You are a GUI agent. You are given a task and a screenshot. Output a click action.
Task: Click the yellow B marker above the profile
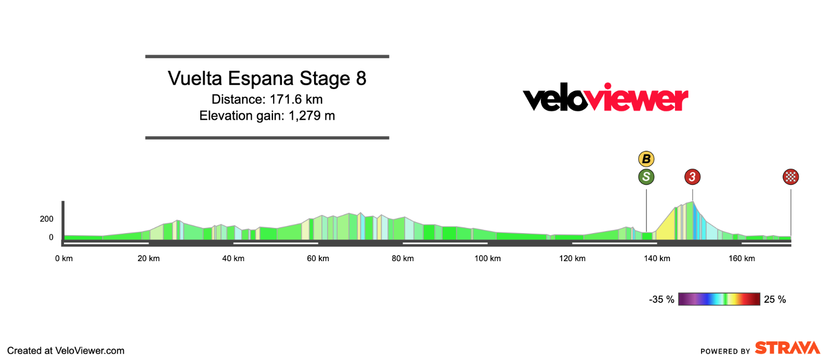pyautogui.click(x=646, y=159)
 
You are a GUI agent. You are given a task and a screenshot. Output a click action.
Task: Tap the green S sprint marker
pyautogui.click(x=646, y=177)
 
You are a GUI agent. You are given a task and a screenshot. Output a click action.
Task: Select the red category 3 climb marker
pyautogui.click(x=692, y=177)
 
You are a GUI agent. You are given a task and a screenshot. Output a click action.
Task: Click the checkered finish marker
pyautogui.click(x=790, y=177)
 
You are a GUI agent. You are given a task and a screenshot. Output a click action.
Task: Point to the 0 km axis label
pyautogui.click(x=64, y=259)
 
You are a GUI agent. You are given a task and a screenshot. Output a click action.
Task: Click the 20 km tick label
pyautogui.click(x=149, y=259)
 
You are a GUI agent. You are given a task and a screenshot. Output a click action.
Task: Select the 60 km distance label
pyautogui.click(x=318, y=259)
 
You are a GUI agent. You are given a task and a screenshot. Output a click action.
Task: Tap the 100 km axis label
pyautogui.click(x=488, y=259)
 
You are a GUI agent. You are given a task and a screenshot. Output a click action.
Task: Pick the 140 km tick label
pyautogui.click(x=657, y=259)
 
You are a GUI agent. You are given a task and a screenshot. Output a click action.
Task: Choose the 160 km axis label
pyautogui.click(x=742, y=259)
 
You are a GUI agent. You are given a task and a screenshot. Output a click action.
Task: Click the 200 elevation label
pyautogui.click(x=47, y=219)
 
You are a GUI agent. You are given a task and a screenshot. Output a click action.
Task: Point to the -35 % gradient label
pyautogui.click(x=662, y=300)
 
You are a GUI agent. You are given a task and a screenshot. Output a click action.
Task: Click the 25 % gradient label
pyautogui.click(x=775, y=300)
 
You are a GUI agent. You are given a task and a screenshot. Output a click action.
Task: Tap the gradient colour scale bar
pyautogui.click(x=719, y=299)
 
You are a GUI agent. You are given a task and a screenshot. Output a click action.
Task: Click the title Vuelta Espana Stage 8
pyautogui.click(x=267, y=79)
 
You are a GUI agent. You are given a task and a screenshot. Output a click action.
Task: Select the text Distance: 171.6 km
pyautogui.click(x=267, y=99)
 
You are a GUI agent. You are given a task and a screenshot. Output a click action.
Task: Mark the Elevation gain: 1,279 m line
pyautogui.click(x=267, y=115)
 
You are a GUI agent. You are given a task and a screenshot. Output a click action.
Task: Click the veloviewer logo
pyautogui.click(x=605, y=97)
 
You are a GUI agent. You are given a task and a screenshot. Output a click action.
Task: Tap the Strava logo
pyautogui.click(x=787, y=348)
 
